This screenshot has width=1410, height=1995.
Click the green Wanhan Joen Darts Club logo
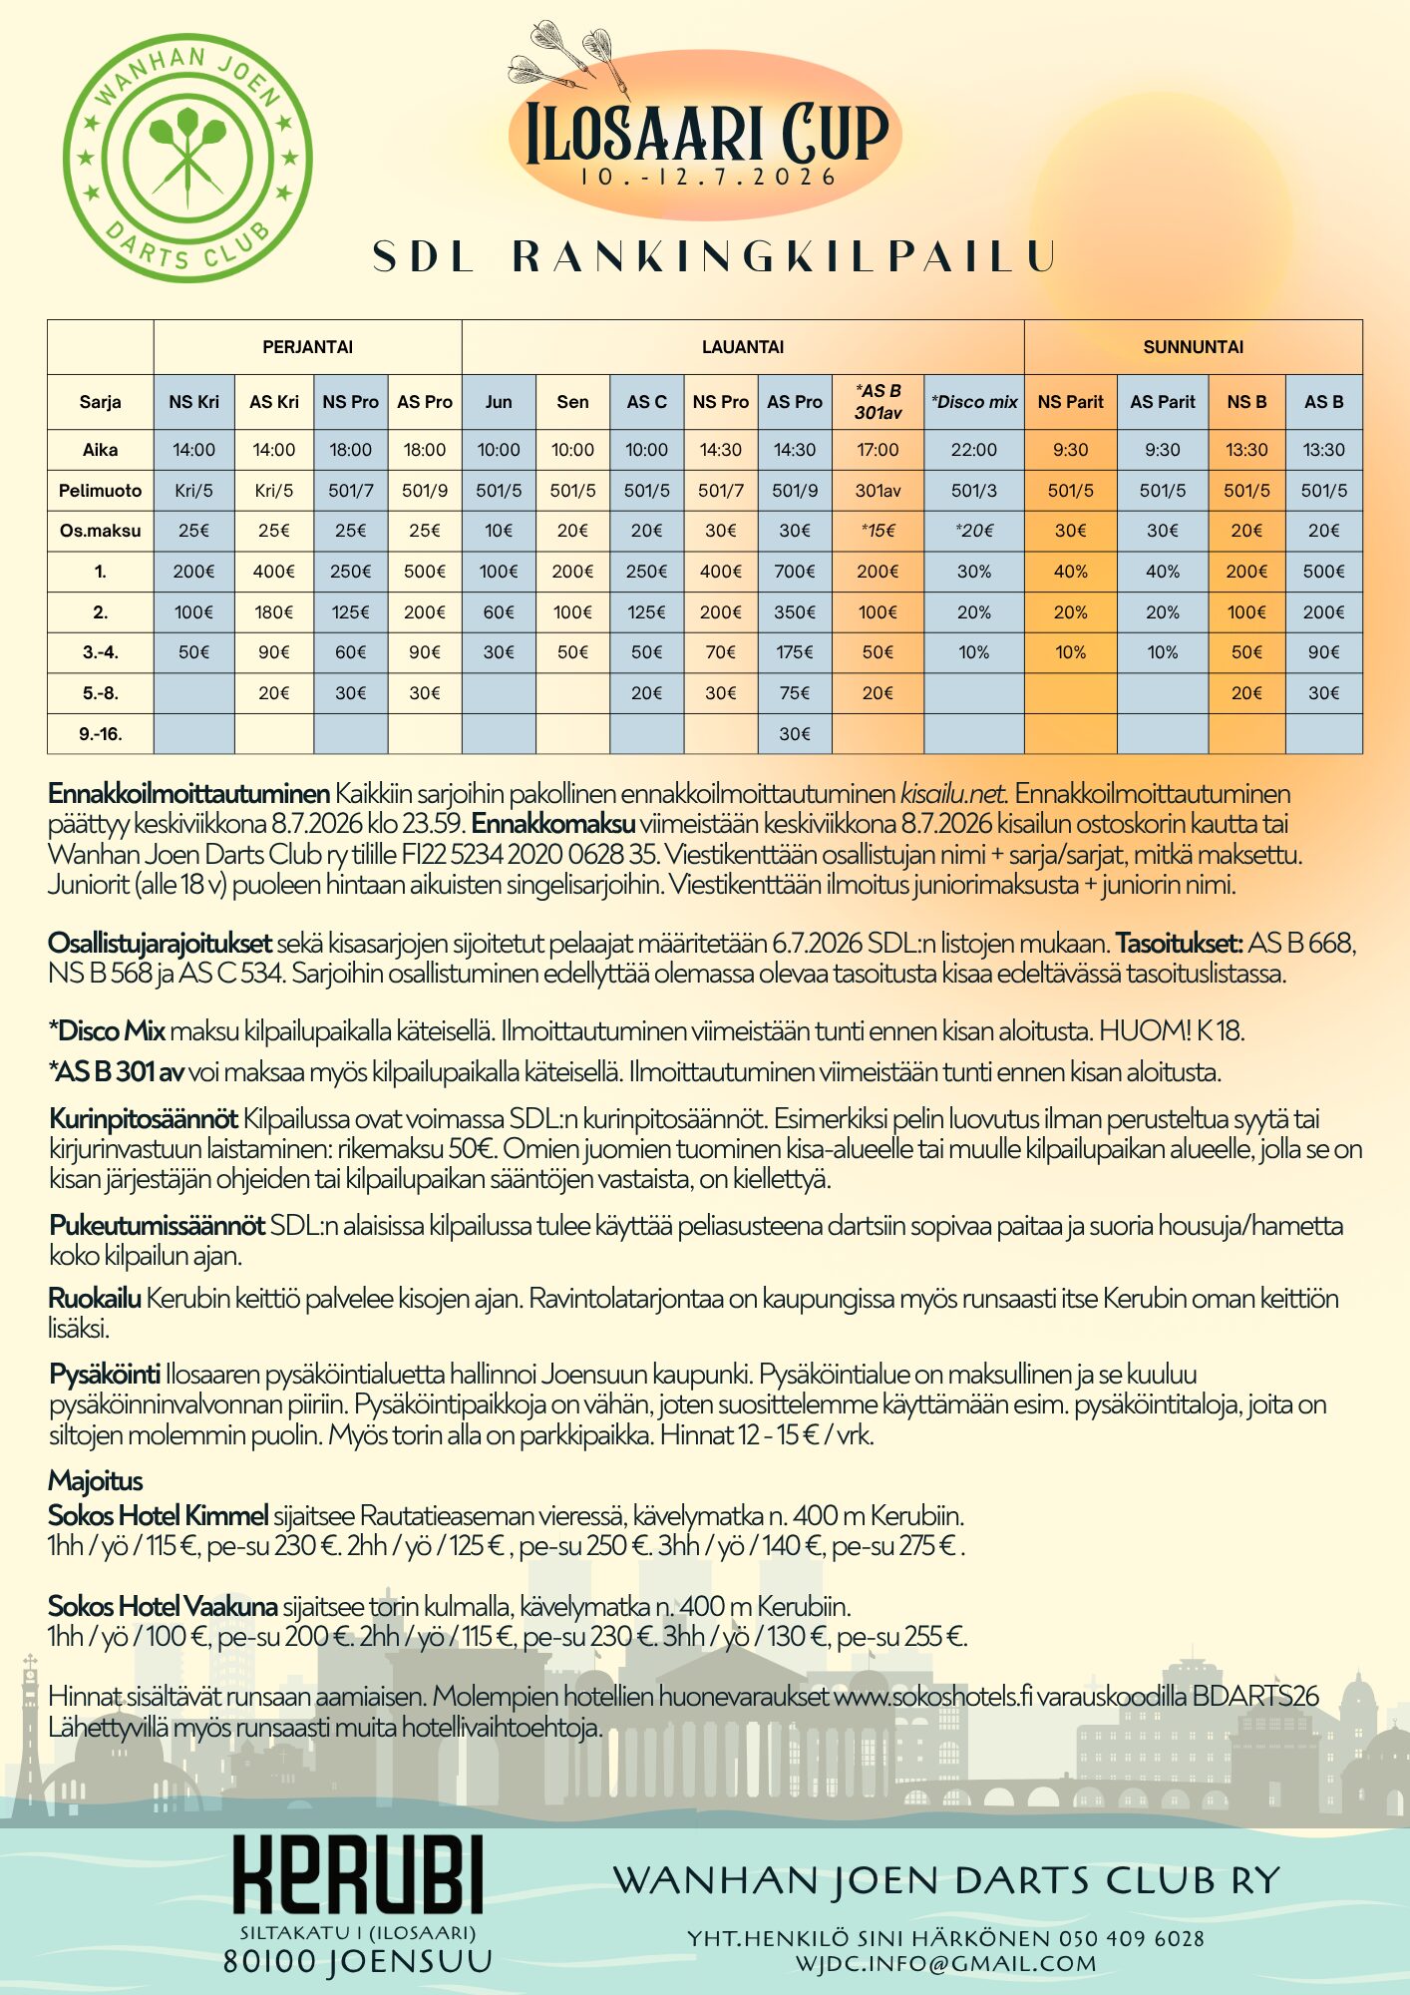click(x=187, y=158)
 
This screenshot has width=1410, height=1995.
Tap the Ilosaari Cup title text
click(x=706, y=134)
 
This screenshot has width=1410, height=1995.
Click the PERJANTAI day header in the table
click(x=307, y=347)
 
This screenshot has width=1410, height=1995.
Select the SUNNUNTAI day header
click(x=1193, y=347)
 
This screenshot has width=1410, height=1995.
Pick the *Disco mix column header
click(x=973, y=402)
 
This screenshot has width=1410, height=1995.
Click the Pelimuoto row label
click(x=100, y=491)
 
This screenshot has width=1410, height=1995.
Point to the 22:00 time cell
click(x=973, y=450)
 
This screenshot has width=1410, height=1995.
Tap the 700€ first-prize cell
click(x=794, y=572)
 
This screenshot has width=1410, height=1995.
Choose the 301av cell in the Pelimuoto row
click(x=878, y=491)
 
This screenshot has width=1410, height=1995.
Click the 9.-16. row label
click(x=100, y=734)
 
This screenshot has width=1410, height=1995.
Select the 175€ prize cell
click(x=794, y=652)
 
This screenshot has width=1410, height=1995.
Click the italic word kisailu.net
click(x=952, y=794)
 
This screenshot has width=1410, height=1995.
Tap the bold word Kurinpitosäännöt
click(x=144, y=1119)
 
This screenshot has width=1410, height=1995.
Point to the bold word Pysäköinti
click(x=105, y=1375)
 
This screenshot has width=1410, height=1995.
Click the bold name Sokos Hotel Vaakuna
click(x=163, y=1606)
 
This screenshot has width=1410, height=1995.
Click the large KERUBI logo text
click(x=358, y=1876)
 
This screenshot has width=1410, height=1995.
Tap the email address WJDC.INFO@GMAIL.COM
click(x=945, y=1963)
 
